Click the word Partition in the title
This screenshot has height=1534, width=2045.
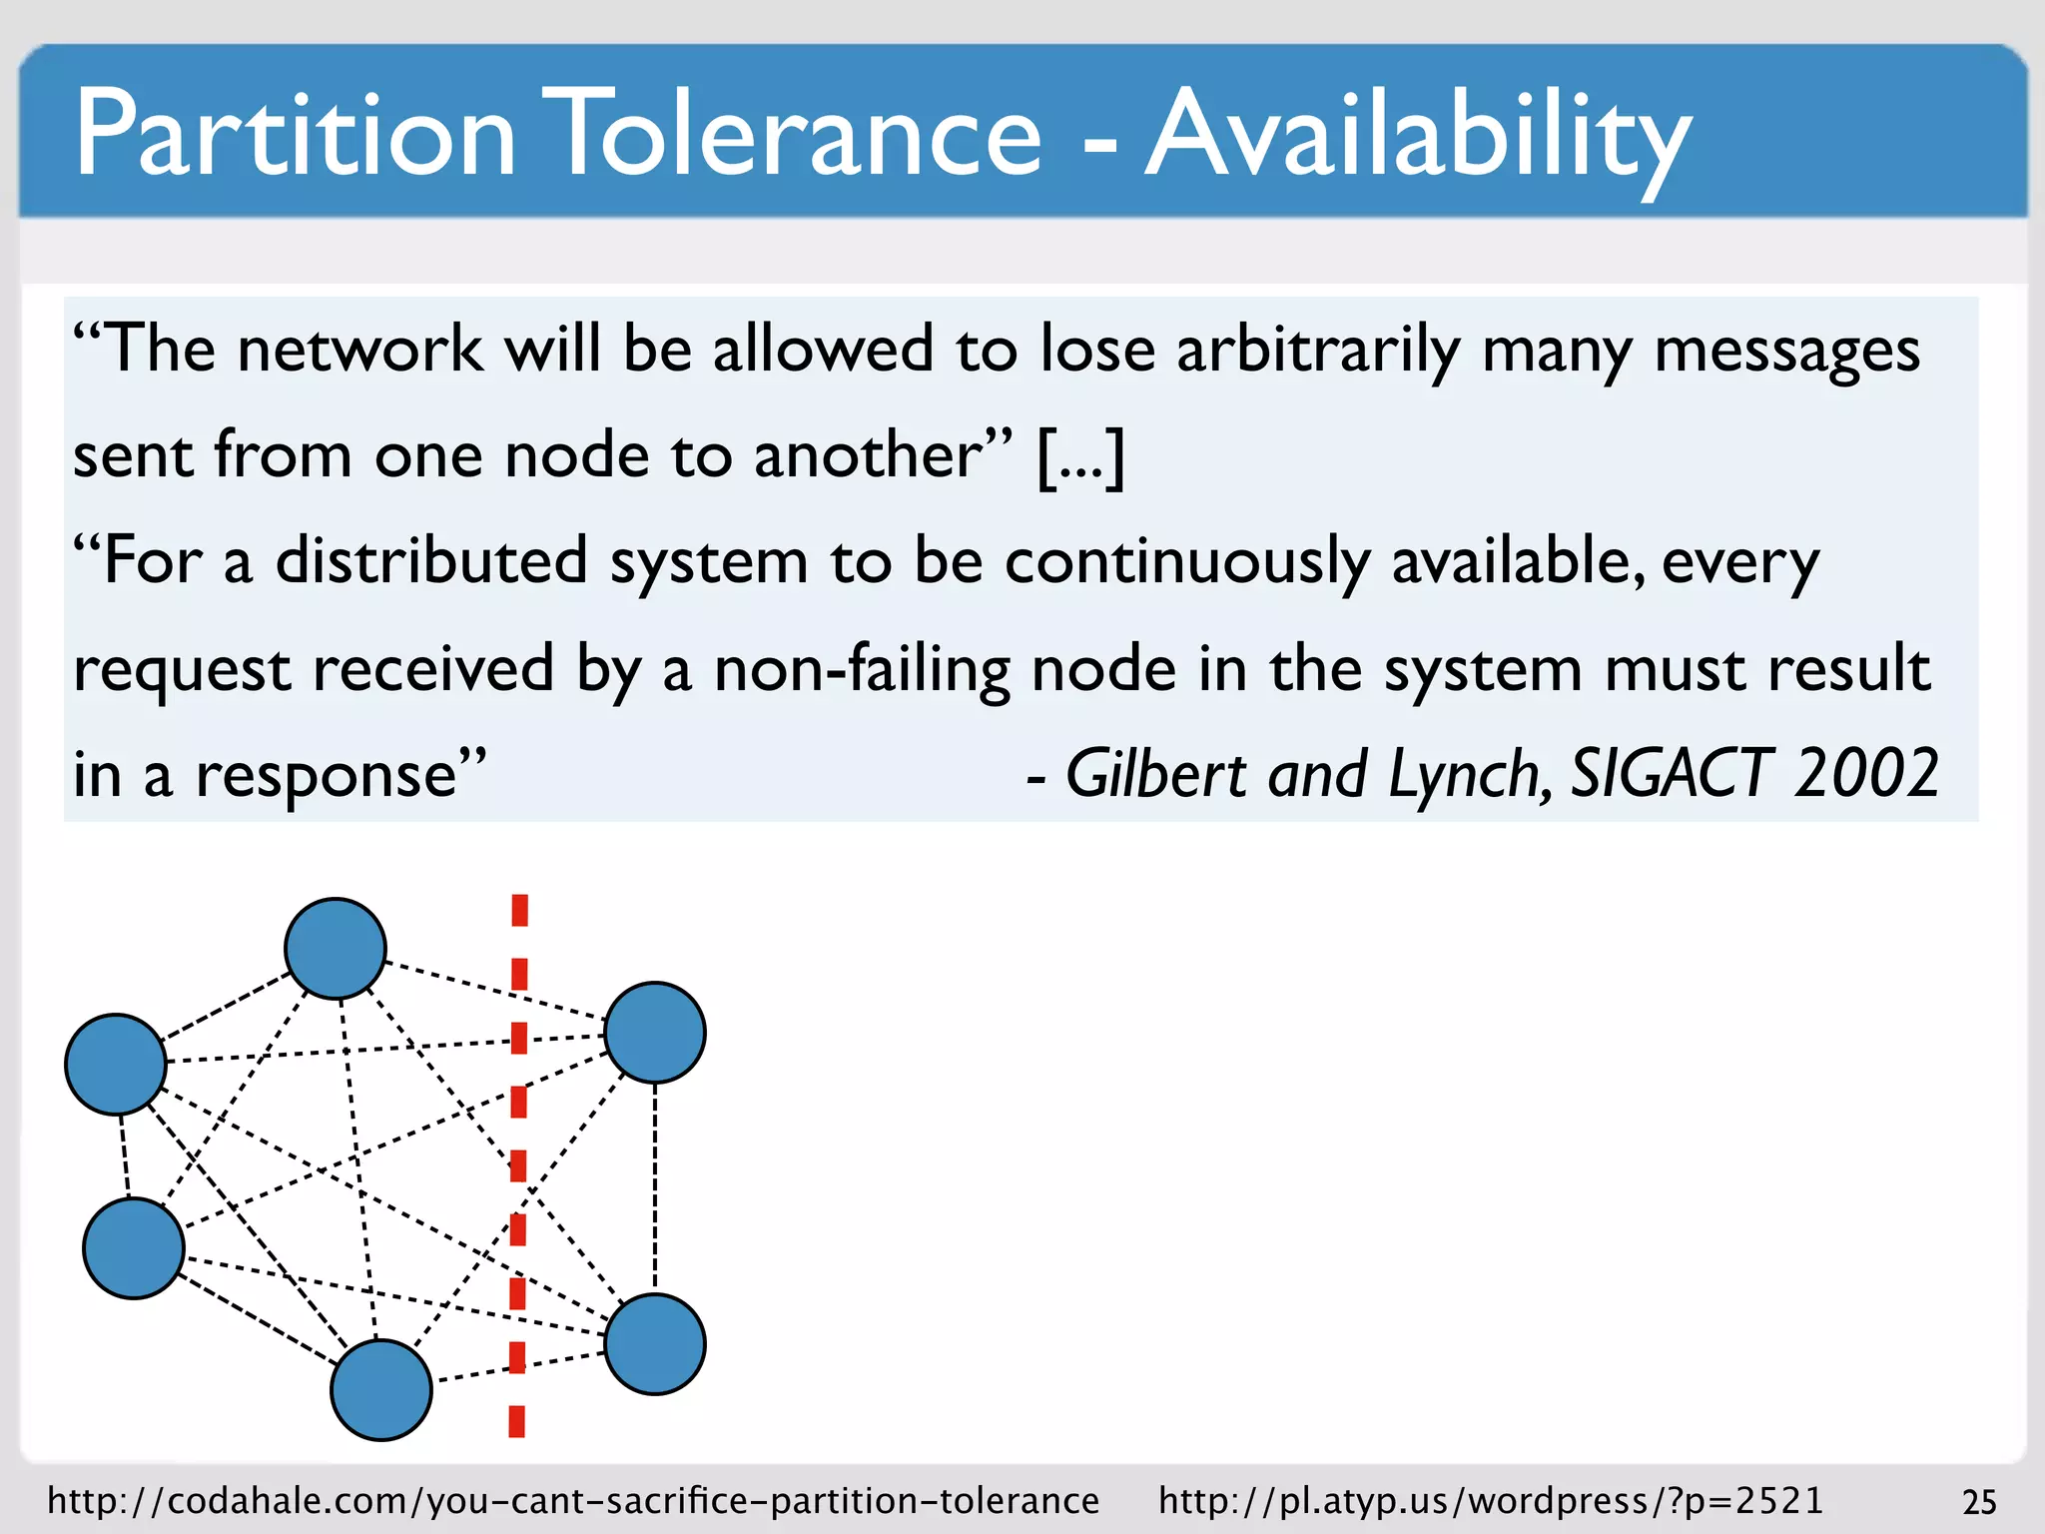pyautogui.click(x=296, y=134)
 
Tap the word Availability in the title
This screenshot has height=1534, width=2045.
pyautogui.click(x=1418, y=134)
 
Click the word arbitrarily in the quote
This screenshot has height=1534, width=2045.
pyautogui.click(x=1317, y=351)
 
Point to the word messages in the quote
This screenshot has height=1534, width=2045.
pyautogui.click(x=1786, y=351)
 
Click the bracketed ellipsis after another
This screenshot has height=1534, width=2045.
pyautogui.click(x=1081, y=456)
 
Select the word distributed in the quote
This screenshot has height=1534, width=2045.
pyautogui.click(x=430, y=561)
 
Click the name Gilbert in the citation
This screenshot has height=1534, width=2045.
pyautogui.click(x=1156, y=774)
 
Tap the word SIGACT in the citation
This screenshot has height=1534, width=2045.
pyautogui.click(x=1672, y=774)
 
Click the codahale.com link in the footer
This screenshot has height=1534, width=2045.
pyautogui.click(x=573, y=1501)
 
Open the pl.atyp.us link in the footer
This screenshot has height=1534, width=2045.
pyautogui.click(x=1491, y=1501)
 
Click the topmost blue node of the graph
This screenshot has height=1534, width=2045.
pyautogui.click(x=336, y=949)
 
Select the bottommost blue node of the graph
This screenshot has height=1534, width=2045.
pyautogui.click(x=381, y=1390)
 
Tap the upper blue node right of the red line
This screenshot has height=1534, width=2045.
pyautogui.click(x=655, y=1033)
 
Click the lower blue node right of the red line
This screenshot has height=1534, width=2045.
pyautogui.click(x=655, y=1344)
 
